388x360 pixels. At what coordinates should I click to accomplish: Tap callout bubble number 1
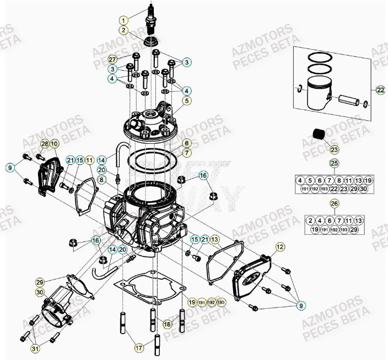click(x=124, y=20)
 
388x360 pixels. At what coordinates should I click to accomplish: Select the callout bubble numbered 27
click(x=112, y=59)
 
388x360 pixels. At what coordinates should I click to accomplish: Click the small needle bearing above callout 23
click(x=333, y=134)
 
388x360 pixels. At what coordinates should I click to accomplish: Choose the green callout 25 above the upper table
click(x=333, y=163)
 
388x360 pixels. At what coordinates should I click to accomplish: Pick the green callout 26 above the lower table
click(x=333, y=203)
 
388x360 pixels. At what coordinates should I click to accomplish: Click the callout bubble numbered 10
click(x=54, y=144)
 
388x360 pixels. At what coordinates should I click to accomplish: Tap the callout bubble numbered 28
click(x=44, y=144)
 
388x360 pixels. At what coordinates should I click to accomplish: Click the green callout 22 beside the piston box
click(x=380, y=90)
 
